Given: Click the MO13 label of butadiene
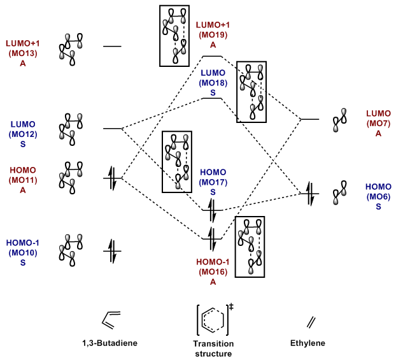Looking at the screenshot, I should [22, 53].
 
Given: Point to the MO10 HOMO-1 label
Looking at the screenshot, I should [22, 252].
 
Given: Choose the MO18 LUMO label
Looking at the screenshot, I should [213, 83].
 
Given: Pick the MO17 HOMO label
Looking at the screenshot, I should [213, 182].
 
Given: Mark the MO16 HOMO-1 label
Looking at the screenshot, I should [213, 271].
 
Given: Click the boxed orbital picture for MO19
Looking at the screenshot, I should [175, 36].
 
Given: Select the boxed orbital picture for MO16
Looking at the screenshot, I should [250, 247].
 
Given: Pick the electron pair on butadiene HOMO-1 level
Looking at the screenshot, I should [112, 250].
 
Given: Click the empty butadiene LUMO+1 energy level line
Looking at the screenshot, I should [112, 47].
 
